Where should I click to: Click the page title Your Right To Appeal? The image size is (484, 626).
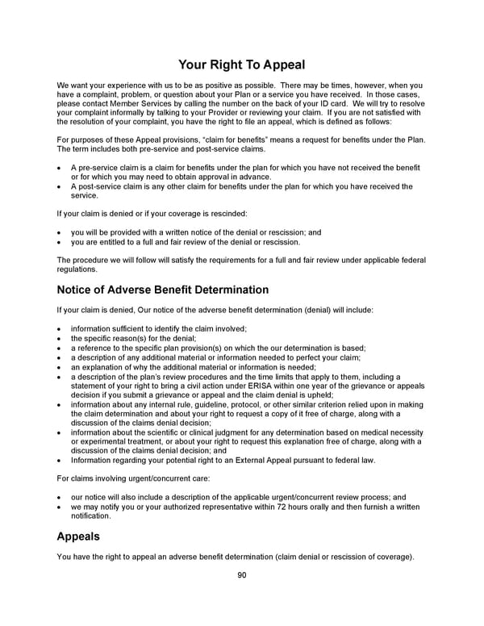click(241, 64)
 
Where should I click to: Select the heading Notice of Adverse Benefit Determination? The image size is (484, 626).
click(162, 290)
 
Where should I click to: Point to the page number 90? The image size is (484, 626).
click(241, 575)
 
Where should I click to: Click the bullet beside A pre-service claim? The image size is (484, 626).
click(60, 167)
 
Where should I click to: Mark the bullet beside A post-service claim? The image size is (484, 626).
click(60, 186)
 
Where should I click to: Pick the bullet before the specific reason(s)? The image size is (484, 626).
click(60, 338)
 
